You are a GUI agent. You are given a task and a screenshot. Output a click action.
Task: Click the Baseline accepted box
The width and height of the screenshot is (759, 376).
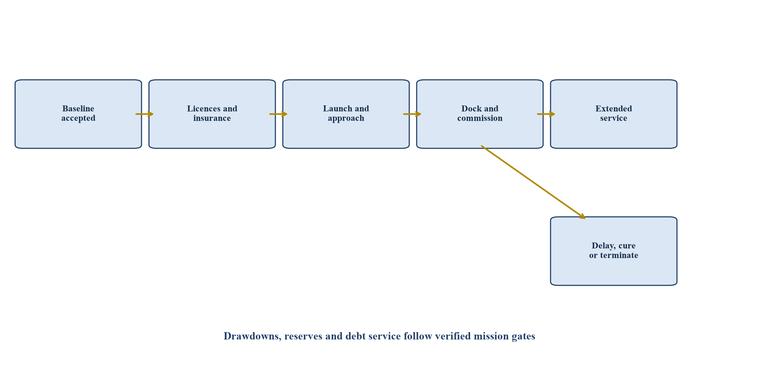pos(78,114)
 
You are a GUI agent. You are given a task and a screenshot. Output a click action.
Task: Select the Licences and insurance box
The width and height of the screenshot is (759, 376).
pos(212,114)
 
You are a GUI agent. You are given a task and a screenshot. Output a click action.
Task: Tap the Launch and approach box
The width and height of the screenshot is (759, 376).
pos(346,114)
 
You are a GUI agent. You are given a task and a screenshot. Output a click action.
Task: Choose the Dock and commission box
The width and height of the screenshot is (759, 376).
pos(480,114)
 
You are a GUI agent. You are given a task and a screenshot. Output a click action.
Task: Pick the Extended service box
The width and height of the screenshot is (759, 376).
pos(614,114)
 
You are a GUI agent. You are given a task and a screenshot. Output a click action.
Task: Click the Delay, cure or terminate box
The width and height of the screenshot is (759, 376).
pos(614,251)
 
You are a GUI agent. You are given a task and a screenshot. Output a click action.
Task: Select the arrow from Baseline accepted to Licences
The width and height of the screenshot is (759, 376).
pos(145,114)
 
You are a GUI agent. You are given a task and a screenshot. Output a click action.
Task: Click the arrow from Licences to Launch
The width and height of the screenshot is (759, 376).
pos(278,114)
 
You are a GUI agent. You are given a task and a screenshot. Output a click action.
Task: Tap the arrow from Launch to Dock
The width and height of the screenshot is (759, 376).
pos(412,114)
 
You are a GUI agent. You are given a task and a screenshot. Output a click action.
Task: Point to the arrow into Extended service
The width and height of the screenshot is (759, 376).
pos(546,114)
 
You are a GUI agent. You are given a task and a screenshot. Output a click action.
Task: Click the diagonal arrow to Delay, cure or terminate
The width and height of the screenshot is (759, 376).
pos(533,182)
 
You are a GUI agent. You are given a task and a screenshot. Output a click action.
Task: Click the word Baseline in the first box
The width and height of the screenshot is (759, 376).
pos(78,109)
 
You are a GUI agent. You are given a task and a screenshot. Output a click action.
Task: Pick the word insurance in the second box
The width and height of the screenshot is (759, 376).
pos(212,118)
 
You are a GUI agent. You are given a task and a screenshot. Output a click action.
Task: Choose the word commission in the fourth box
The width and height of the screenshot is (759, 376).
pos(480,118)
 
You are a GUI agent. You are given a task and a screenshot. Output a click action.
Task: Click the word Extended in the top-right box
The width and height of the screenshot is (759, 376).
pos(614,109)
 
